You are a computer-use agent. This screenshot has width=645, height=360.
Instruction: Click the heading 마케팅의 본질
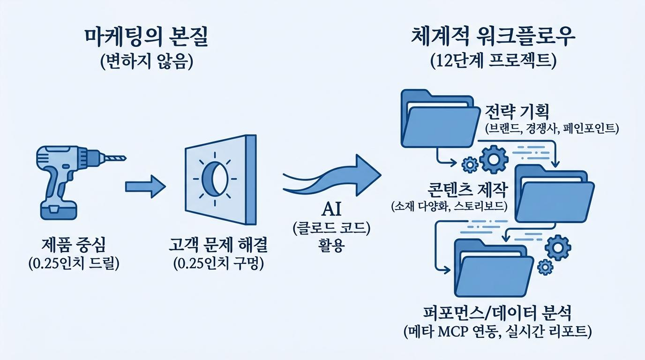pos(146,37)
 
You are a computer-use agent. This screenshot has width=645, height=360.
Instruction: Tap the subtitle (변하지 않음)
pos(146,61)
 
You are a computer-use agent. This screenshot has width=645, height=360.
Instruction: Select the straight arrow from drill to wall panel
pos(145,187)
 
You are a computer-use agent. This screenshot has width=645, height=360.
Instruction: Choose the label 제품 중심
pos(74,245)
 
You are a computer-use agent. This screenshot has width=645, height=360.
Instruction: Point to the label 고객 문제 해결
pos(218,245)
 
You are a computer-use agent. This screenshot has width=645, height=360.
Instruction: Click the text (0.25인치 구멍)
pos(218,263)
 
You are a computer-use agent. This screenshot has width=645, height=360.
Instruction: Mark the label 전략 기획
pos(517,112)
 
